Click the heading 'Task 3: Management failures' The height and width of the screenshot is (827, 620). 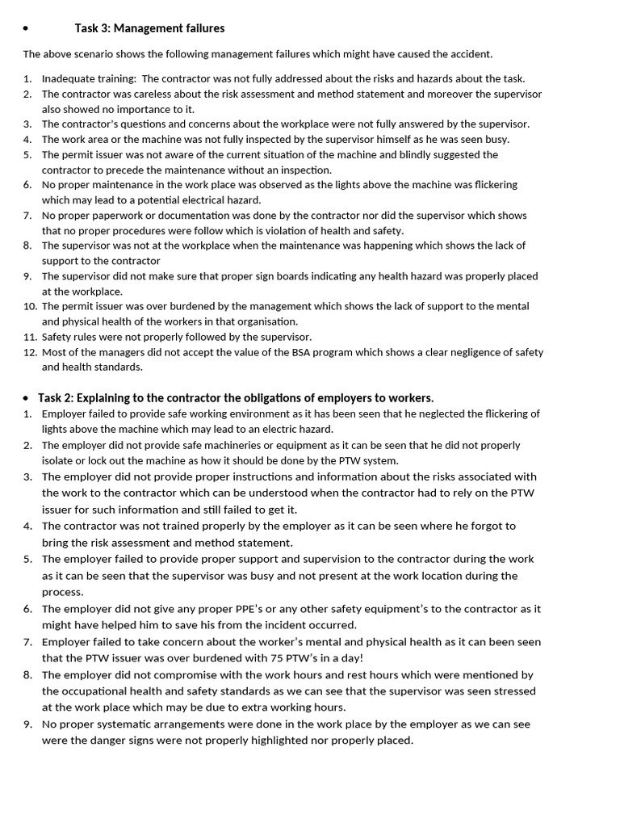(149, 28)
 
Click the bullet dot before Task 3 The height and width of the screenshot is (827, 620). (26, 29)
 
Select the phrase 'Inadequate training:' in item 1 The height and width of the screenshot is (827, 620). (88, 78)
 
